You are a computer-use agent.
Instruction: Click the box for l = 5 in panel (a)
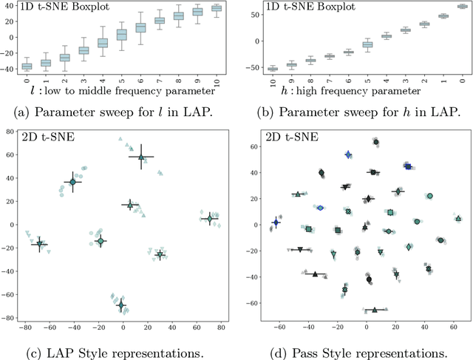click(121, 35)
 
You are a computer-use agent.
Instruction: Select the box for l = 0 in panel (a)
click(27, 66)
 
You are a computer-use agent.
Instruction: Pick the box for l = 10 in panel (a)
click(217, 8)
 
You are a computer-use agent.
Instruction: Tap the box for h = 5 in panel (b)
click(367, 44)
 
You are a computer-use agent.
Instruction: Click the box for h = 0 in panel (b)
click(462, 6)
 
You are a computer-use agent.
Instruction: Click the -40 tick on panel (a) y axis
click(7, 69)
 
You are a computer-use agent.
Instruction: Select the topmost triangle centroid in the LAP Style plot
click(141, 156)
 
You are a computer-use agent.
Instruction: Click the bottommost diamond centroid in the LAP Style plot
click(120, 305)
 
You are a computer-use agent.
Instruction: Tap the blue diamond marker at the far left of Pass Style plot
click(276, 222)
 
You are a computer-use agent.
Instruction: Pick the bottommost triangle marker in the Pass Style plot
click(374, 310)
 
